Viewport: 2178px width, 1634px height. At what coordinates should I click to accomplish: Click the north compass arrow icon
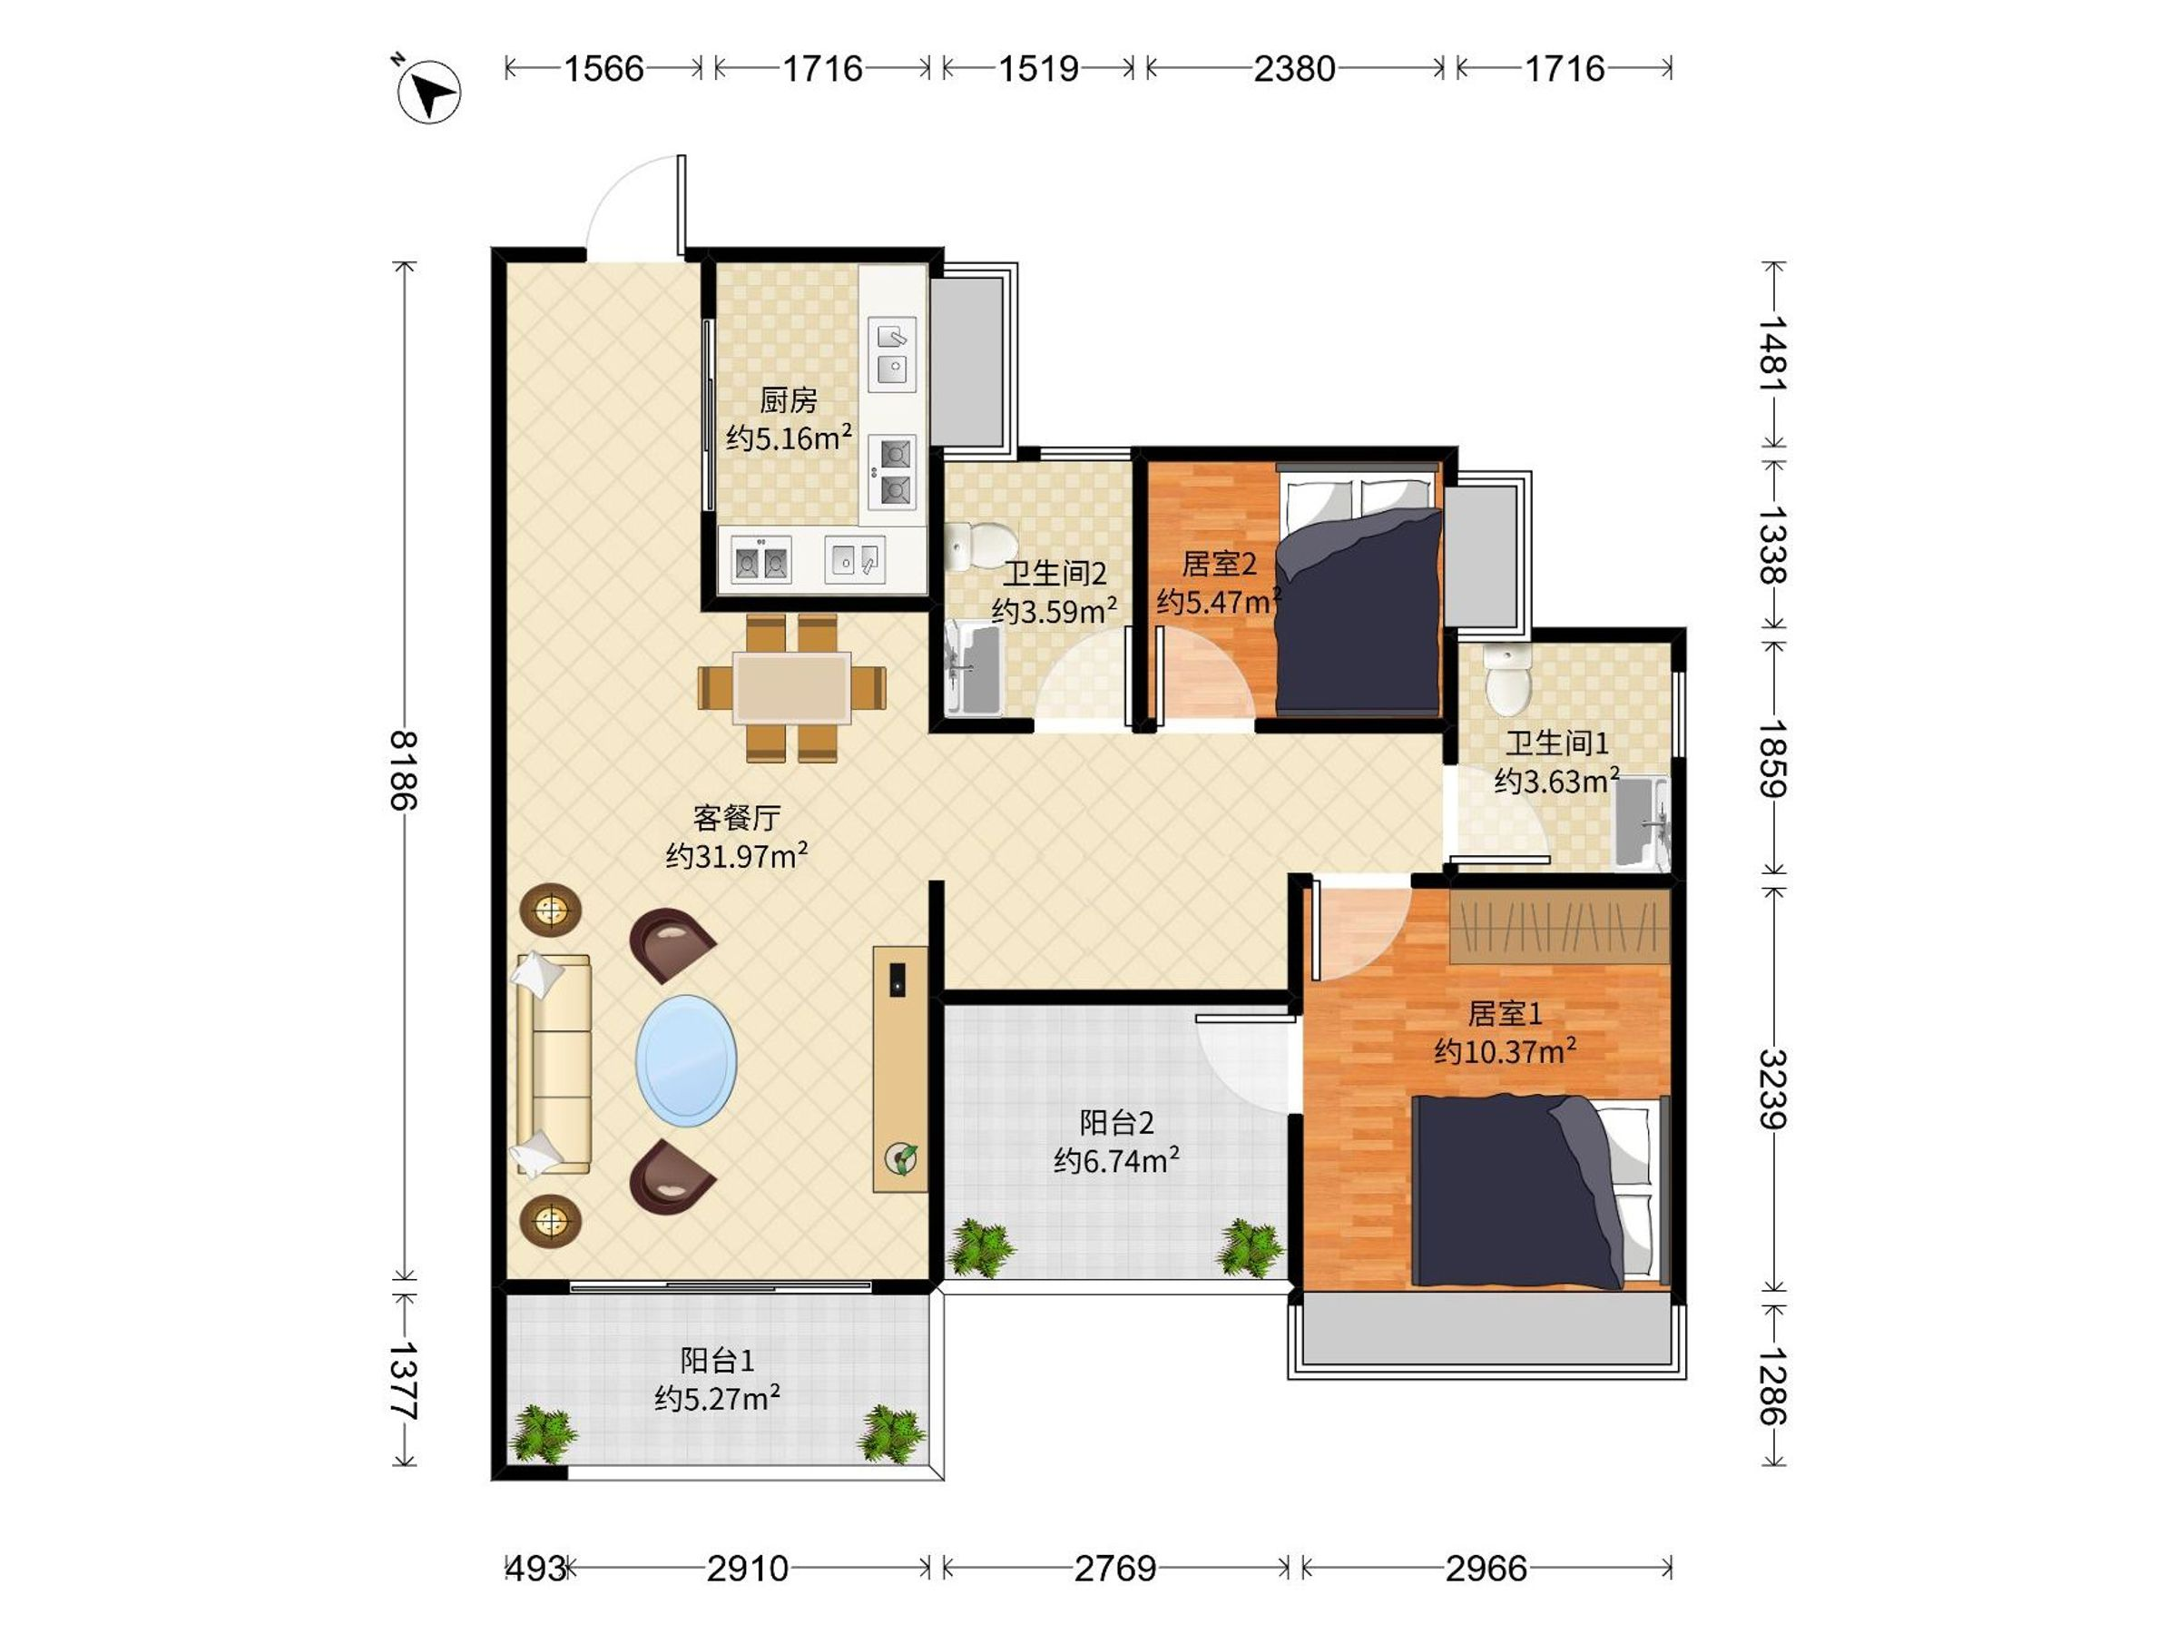click(x=428, y=91)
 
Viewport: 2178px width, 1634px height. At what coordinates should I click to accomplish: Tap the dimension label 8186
click(x=404, y=770)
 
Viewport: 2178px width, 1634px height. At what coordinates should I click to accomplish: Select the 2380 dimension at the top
click(x=1294, y=68)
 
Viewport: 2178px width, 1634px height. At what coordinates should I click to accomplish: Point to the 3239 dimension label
click(x=1772, y=1089)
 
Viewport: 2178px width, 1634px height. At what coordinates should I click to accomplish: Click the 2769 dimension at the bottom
click(x=1114, y=1568)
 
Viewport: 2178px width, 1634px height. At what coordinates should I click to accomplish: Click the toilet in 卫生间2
click(x=981, y=546)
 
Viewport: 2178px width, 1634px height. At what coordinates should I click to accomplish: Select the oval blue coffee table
click(x=686, y=1061)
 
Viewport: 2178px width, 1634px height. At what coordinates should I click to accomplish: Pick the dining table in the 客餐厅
click(x=791, y=688)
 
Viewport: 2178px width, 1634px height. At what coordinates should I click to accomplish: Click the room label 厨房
click(x=789, y=400)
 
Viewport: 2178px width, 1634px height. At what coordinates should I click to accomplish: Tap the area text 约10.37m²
click(x=1505, y=1051)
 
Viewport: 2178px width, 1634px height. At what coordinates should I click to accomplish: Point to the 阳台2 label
click(x=1116, y=1122)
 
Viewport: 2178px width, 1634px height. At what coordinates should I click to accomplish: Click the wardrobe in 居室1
click(x=1560, y=926)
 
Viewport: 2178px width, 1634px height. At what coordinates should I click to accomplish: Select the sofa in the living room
click(x=554, y=1065)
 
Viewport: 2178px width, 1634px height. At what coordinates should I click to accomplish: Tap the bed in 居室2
click(x=1359, y=589)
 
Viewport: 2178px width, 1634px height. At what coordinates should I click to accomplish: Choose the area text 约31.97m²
click(x=737, y=855)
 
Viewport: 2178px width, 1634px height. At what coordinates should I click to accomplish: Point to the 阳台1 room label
click(x=718, y=1360)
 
